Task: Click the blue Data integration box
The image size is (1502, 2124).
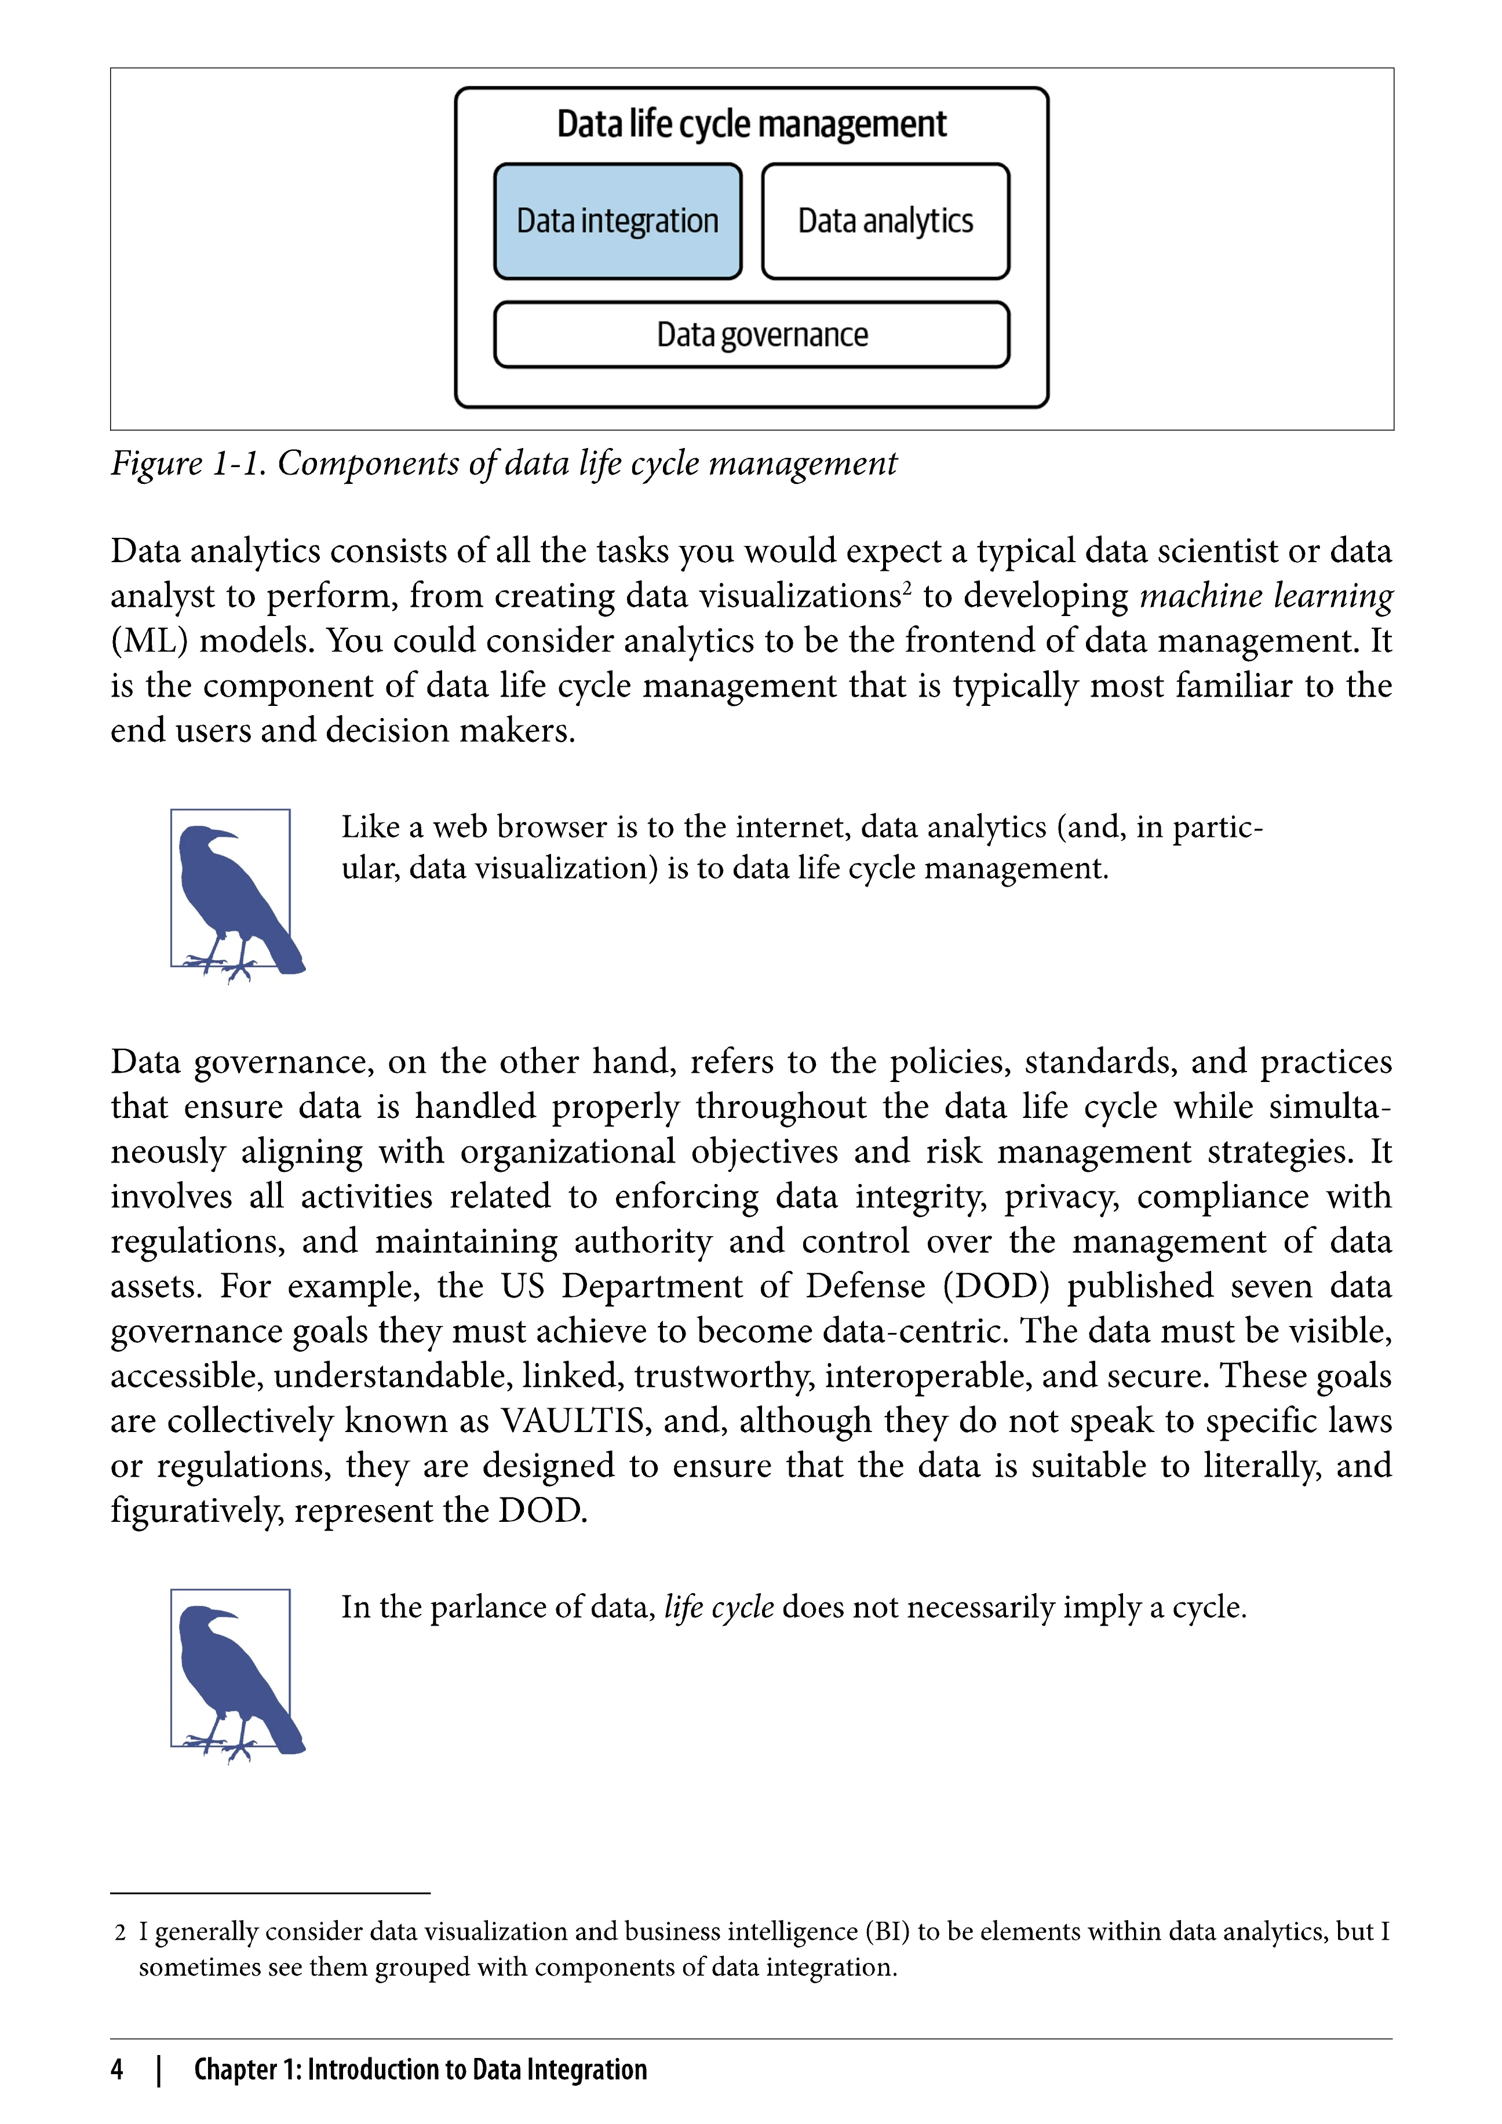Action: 618,222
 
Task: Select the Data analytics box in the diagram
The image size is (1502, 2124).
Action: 885,222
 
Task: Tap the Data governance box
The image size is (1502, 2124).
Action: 751,335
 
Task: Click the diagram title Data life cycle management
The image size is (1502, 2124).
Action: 751,124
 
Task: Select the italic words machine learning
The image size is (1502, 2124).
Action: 1265,596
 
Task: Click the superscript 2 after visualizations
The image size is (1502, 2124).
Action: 907,588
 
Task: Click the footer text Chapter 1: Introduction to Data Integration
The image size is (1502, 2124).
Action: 420,2070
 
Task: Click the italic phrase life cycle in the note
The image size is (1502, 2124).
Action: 719,1607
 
